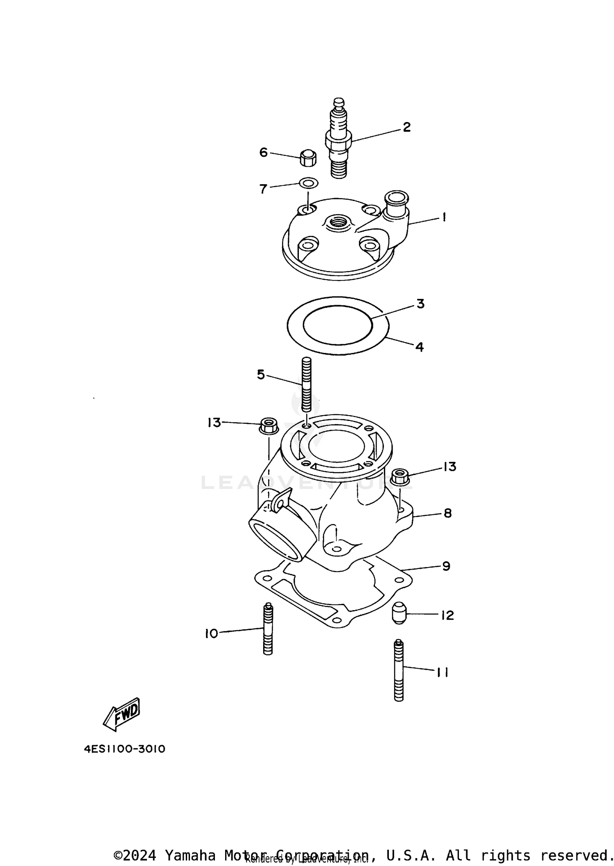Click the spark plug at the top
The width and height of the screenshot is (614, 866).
(x=338, y=139)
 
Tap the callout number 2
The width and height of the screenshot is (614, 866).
(x=406, y=127)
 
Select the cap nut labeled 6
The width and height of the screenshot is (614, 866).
(x=308, y=158)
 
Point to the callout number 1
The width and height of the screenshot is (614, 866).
(x=444, y=217)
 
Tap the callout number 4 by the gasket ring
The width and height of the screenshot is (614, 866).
(x=419, y=347)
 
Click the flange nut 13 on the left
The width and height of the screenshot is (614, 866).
(x=269, y=426)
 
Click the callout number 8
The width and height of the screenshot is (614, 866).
(x=447, y=513)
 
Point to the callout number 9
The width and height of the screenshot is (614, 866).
(x=446, y=566)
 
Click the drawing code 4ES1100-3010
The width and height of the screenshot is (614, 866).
(x=124, y=749)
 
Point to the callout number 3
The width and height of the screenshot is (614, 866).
(x=420, y=304)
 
